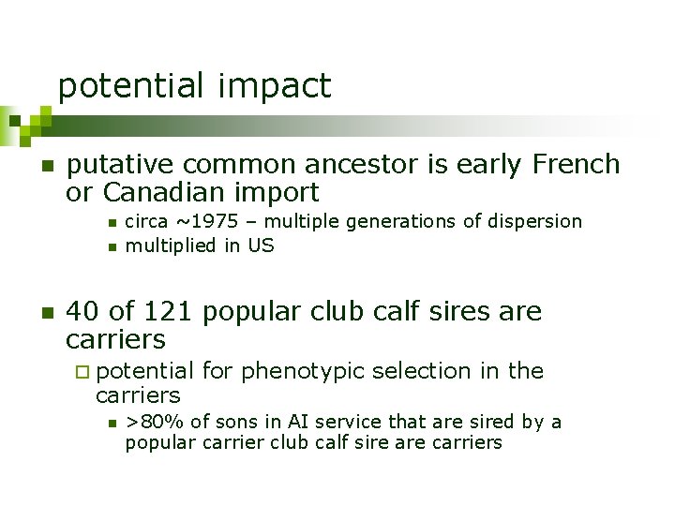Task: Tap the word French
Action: click(575, 164)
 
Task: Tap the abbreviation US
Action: click(261, 246)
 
